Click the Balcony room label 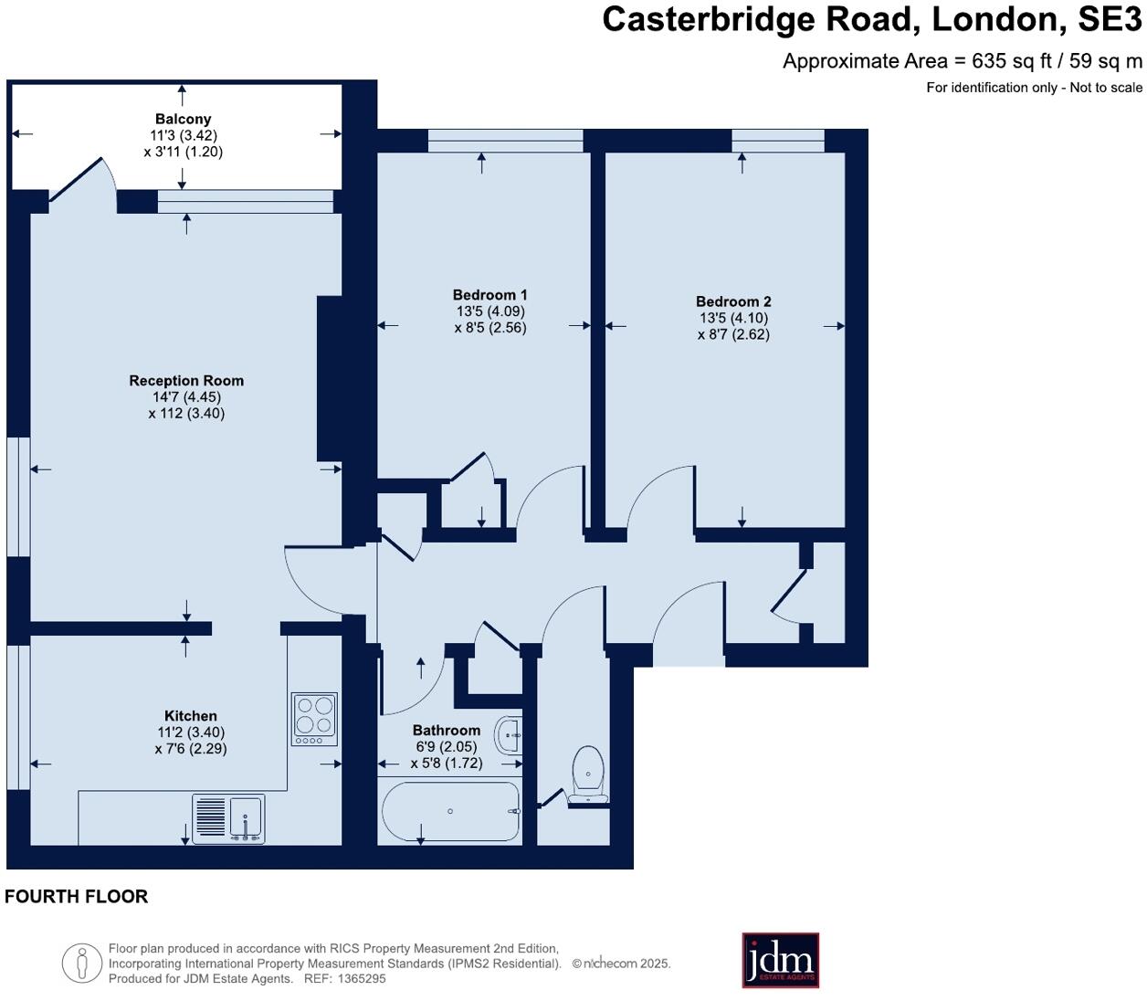pyautogui.click(x=183, y=119)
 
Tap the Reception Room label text pyautogui.click(x=186, y=381)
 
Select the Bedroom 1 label pyautogui.click(x=489, y=295)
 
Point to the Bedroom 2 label pyautogui.click(x=733, y=301)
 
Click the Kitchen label pyautogui.click(x=190, y=716)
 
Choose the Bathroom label pyautogui.click(x=446, y=731)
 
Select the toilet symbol pyautogui.click(x=588, y=774)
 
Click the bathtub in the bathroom pyautogui.click(x=449, y=811)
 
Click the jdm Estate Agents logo pyautogui.click(x=780, y=960)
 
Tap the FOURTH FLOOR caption pyautogui.click(x=77, y=897)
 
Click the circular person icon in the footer pyautogui.click(x=81, y=963)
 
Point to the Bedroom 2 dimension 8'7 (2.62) pyautogui.click(x=733, y=334)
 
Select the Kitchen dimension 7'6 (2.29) pyautogui.click(x=190, y=748)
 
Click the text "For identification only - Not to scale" pyautogui.click(x=1034, y=88)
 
